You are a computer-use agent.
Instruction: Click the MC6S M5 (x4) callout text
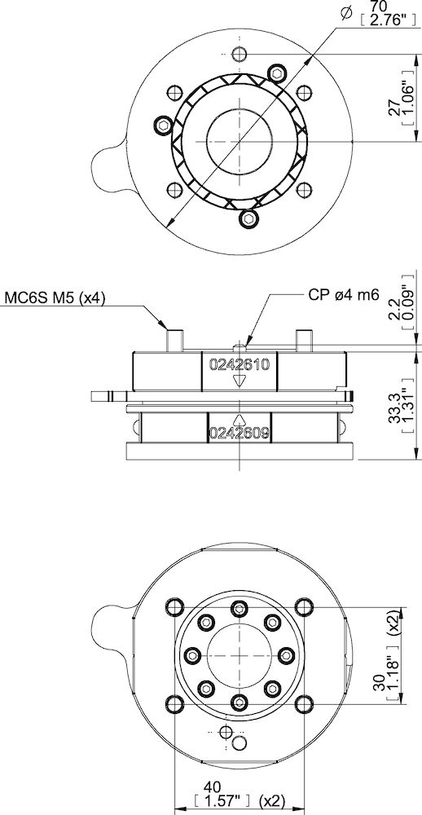(x=55, y=297)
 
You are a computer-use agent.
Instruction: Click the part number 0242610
(x=240, y=363)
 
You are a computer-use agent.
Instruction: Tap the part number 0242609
(x=240, y=432)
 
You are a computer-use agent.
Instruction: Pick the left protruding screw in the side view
(x=174, y=337)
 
